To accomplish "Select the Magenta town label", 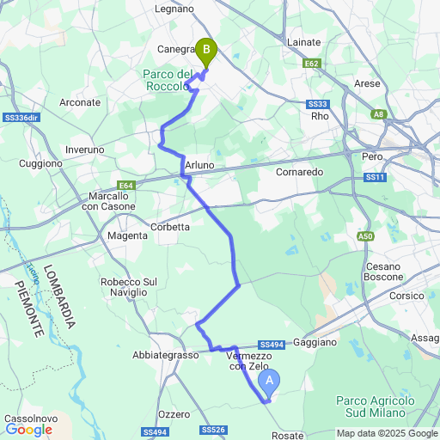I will [x=128, y=235].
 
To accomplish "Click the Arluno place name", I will [x=199, y=165].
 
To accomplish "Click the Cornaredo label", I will [x=299, y=172].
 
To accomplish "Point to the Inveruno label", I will [x=84, y=150].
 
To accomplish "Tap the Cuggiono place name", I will [x=41, y=163].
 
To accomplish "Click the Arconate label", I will [x=80, y=102].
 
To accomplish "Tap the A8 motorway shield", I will [x=379, y=113].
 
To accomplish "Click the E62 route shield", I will [x=311, y=63].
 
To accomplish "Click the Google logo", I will [x=28, y=429].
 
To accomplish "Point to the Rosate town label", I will [x=287, y=435].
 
